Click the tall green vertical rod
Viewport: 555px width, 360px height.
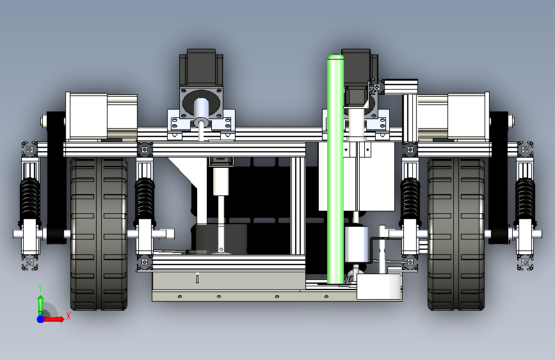pos(335,169)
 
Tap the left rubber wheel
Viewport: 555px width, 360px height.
pos(99,234)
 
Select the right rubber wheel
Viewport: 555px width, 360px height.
pos(456,234)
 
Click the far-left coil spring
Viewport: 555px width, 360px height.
pos(30,199)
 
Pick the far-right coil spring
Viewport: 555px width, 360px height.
pos(525,199)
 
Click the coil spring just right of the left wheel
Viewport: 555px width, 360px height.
pos(145,199)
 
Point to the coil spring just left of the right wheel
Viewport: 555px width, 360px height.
pos(410,199)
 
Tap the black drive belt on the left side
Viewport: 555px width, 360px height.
pos(56,178)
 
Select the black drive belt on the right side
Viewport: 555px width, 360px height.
pos(499,178)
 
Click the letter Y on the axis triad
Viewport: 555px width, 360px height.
pos(40,288)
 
